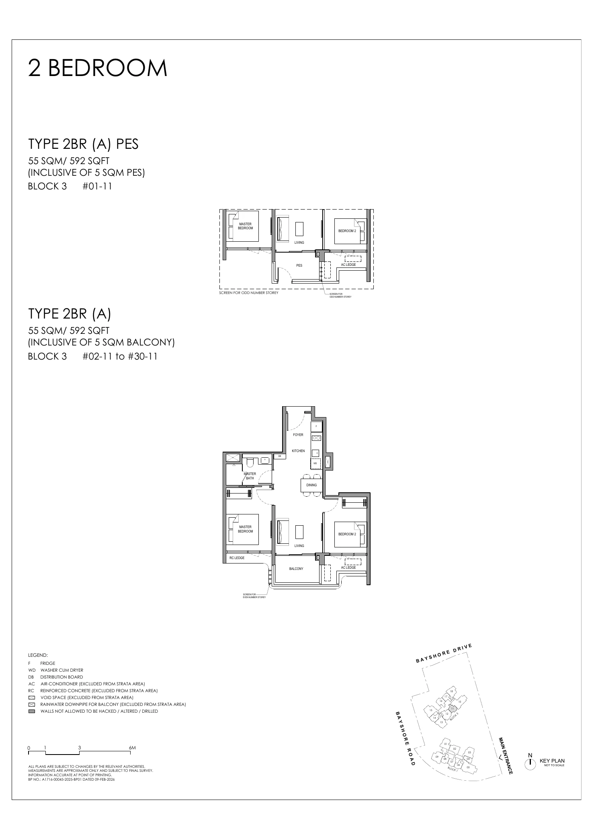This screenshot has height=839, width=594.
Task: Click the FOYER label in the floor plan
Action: pos(298,435)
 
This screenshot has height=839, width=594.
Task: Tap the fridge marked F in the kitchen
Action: pos(316,426)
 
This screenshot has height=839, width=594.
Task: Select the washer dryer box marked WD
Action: pos(315,463)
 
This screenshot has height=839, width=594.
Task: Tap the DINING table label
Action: pos(311,485)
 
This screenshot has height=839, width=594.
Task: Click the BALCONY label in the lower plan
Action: pos(296,569)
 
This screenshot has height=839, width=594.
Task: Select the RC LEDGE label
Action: pos(237,558)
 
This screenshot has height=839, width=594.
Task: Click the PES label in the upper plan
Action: pos(299,265)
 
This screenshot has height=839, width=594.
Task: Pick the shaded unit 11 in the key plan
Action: pos(453,709)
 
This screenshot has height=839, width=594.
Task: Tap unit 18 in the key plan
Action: pos(451,691)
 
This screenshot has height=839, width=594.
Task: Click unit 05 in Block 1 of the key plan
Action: pos(468,767)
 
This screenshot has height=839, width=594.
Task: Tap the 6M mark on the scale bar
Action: pos(132,748)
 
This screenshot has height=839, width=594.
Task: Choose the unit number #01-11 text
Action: pos(97,186)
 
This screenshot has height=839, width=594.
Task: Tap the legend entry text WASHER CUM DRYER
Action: pos(62,670)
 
